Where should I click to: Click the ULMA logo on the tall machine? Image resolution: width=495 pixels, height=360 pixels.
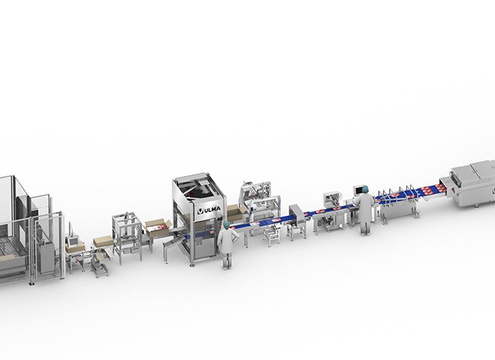(x=209, y=210)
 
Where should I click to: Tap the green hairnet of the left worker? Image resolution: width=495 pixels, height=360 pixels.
(x=227, y=225)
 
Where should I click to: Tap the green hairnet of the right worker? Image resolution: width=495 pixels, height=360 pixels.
(x=365, y=189)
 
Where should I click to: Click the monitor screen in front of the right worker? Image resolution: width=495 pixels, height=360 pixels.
(x=358, y=190)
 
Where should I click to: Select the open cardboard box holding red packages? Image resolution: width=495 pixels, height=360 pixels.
(x=158, y=228)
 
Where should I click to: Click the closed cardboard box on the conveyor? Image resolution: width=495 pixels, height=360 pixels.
(x=104, y=242)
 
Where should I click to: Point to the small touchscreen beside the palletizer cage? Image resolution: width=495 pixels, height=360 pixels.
(x=73, y=241)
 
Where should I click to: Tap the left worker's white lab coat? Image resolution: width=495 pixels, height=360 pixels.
(x=226, y=241)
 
